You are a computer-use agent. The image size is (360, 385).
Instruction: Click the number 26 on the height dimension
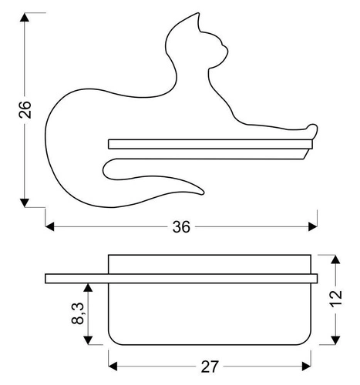coord(24,110)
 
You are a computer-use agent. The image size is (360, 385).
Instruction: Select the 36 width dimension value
coord(181,226)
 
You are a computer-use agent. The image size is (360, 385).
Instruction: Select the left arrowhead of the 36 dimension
coord(51,226)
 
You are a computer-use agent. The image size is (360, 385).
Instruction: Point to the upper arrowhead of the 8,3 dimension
coord(90,287)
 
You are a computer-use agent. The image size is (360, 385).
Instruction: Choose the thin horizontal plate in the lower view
coord(181,277)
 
